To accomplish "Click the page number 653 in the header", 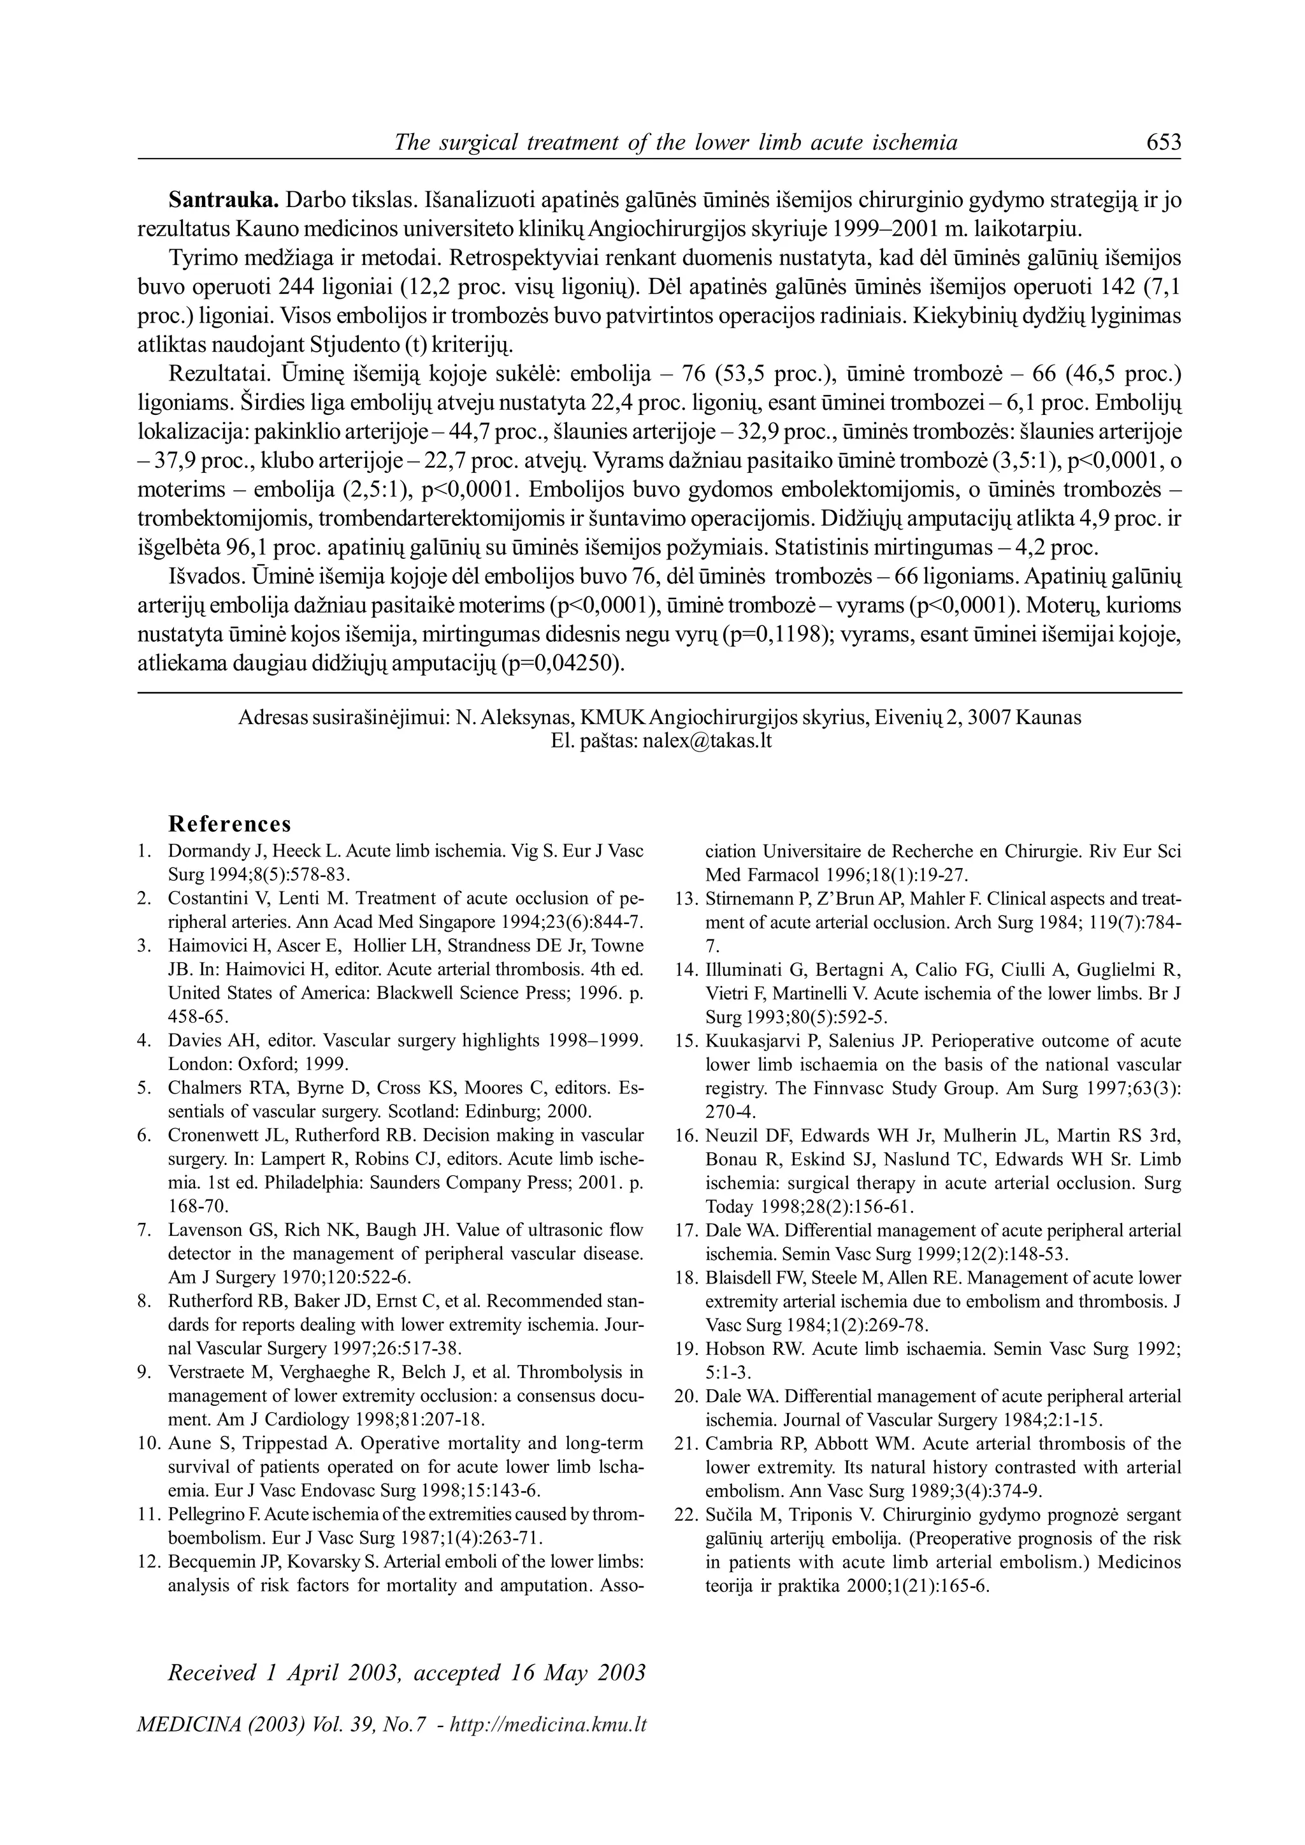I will pos(1163,142).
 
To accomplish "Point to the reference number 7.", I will pos(145,1230).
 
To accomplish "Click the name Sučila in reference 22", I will pos(729,1516).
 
